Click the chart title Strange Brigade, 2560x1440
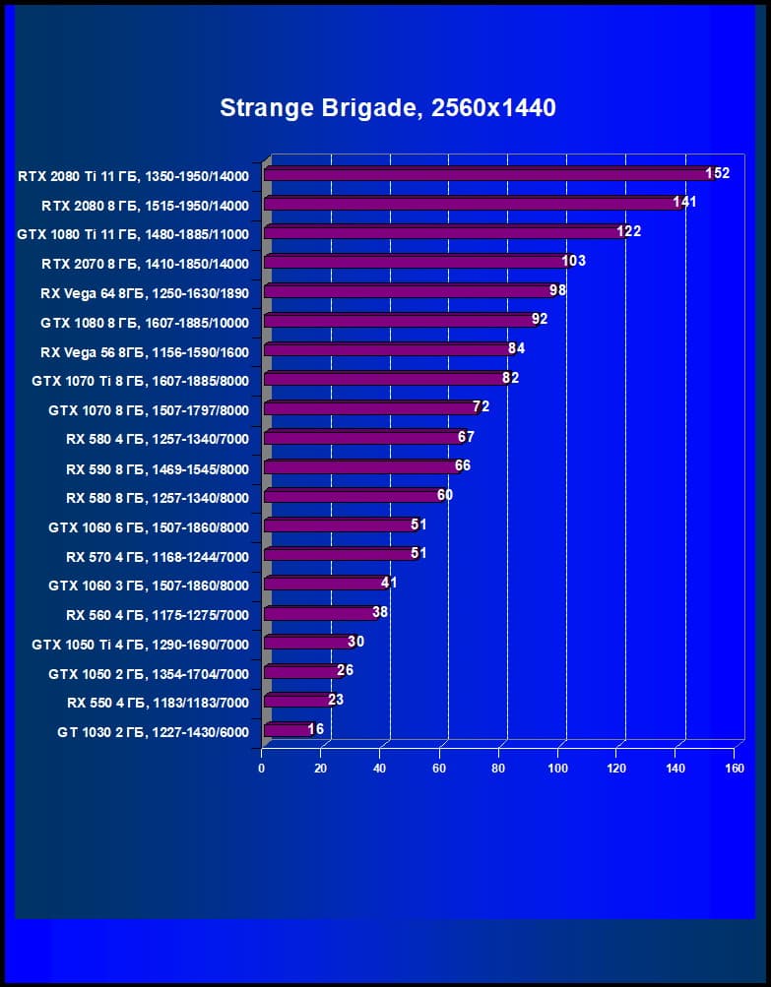tap(387, 107)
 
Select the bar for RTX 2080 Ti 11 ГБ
tap(487, 174)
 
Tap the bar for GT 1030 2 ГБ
tap(287, 730)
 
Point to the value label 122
tap(628, 231)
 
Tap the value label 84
tap(518, 348)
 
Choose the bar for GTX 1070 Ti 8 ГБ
tap(385, 379)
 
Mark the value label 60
tap(445, 495)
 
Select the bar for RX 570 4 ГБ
tap(340, 555)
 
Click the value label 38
tap(381, 612)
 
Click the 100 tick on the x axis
tap(558, 769)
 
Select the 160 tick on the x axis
tap(735, 769)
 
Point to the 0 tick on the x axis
tap(262, 769)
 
